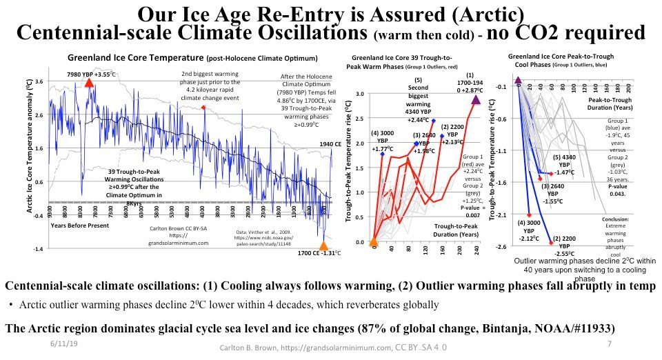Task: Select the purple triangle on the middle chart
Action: pos(476,101)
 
